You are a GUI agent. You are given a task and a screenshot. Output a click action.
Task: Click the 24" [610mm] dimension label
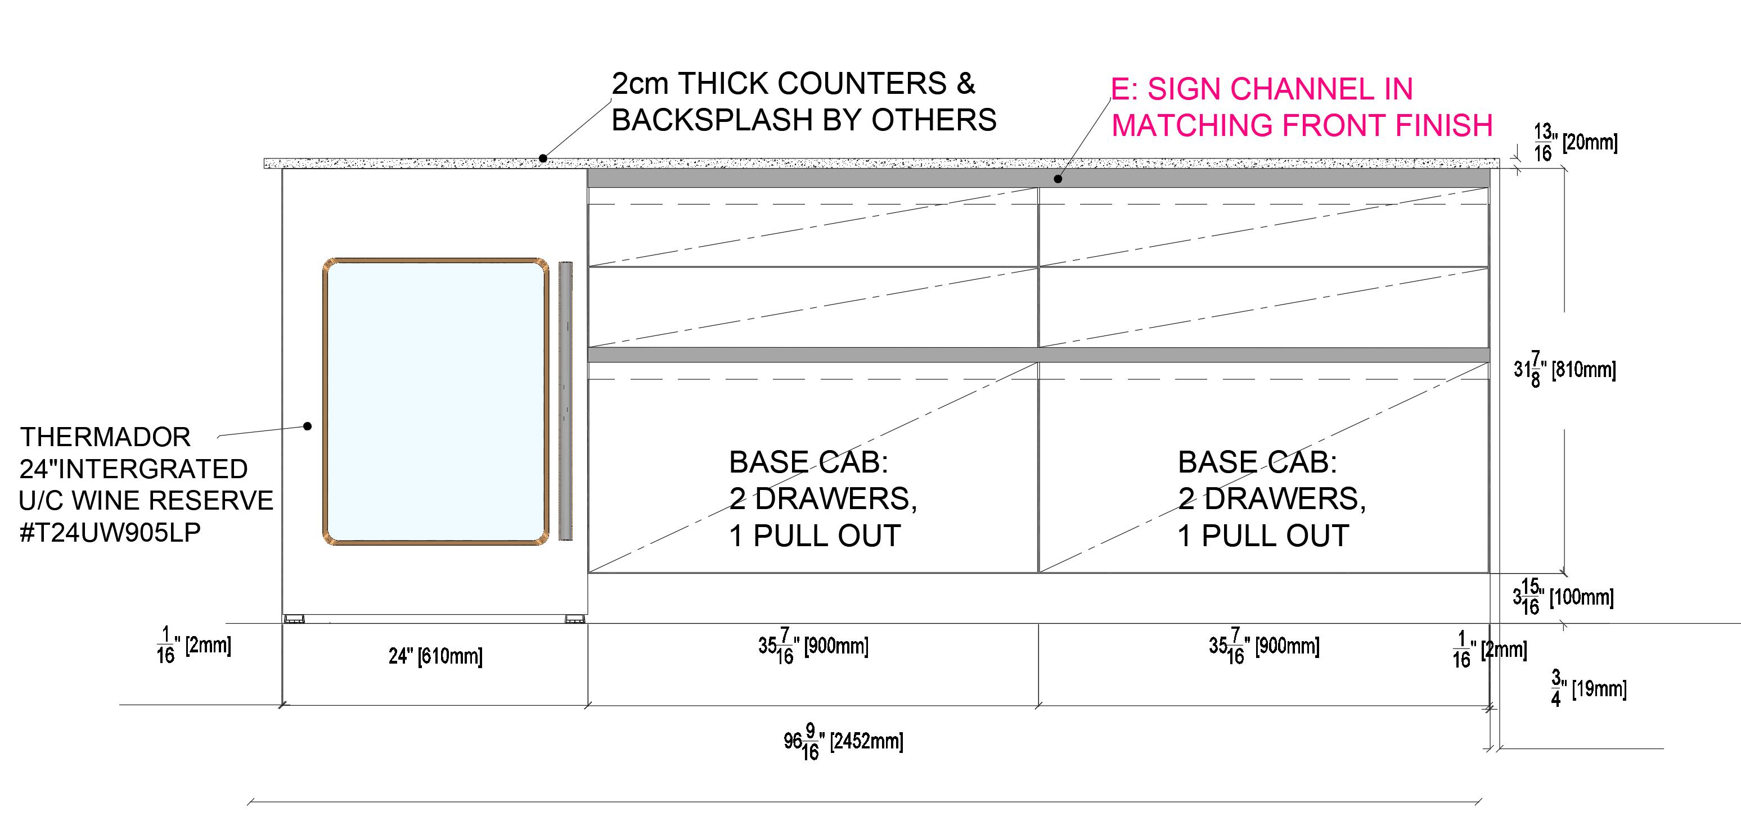(435, 656)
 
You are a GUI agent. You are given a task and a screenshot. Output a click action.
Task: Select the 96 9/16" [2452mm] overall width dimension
(843, 742)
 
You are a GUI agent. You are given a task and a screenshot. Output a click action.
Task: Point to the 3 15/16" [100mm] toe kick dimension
(1563, 597)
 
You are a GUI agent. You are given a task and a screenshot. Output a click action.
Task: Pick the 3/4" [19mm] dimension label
(1588, 689)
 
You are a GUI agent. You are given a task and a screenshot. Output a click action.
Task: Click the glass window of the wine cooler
(436, 401)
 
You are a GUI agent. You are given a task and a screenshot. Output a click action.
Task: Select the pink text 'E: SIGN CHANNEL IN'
(1261, 89)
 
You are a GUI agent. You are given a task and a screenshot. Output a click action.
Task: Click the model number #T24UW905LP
(110, 533)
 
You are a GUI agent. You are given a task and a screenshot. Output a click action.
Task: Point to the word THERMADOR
(105, 437)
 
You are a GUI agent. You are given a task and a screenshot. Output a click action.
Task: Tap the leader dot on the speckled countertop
(542, 158)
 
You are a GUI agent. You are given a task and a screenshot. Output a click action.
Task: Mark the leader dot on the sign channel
(1059, 179)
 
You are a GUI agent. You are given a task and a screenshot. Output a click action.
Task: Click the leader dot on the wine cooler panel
(308, 425)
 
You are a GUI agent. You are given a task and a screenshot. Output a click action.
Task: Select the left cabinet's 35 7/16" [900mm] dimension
(812, 646)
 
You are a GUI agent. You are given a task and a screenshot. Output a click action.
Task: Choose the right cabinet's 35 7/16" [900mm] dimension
(1263, 646)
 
